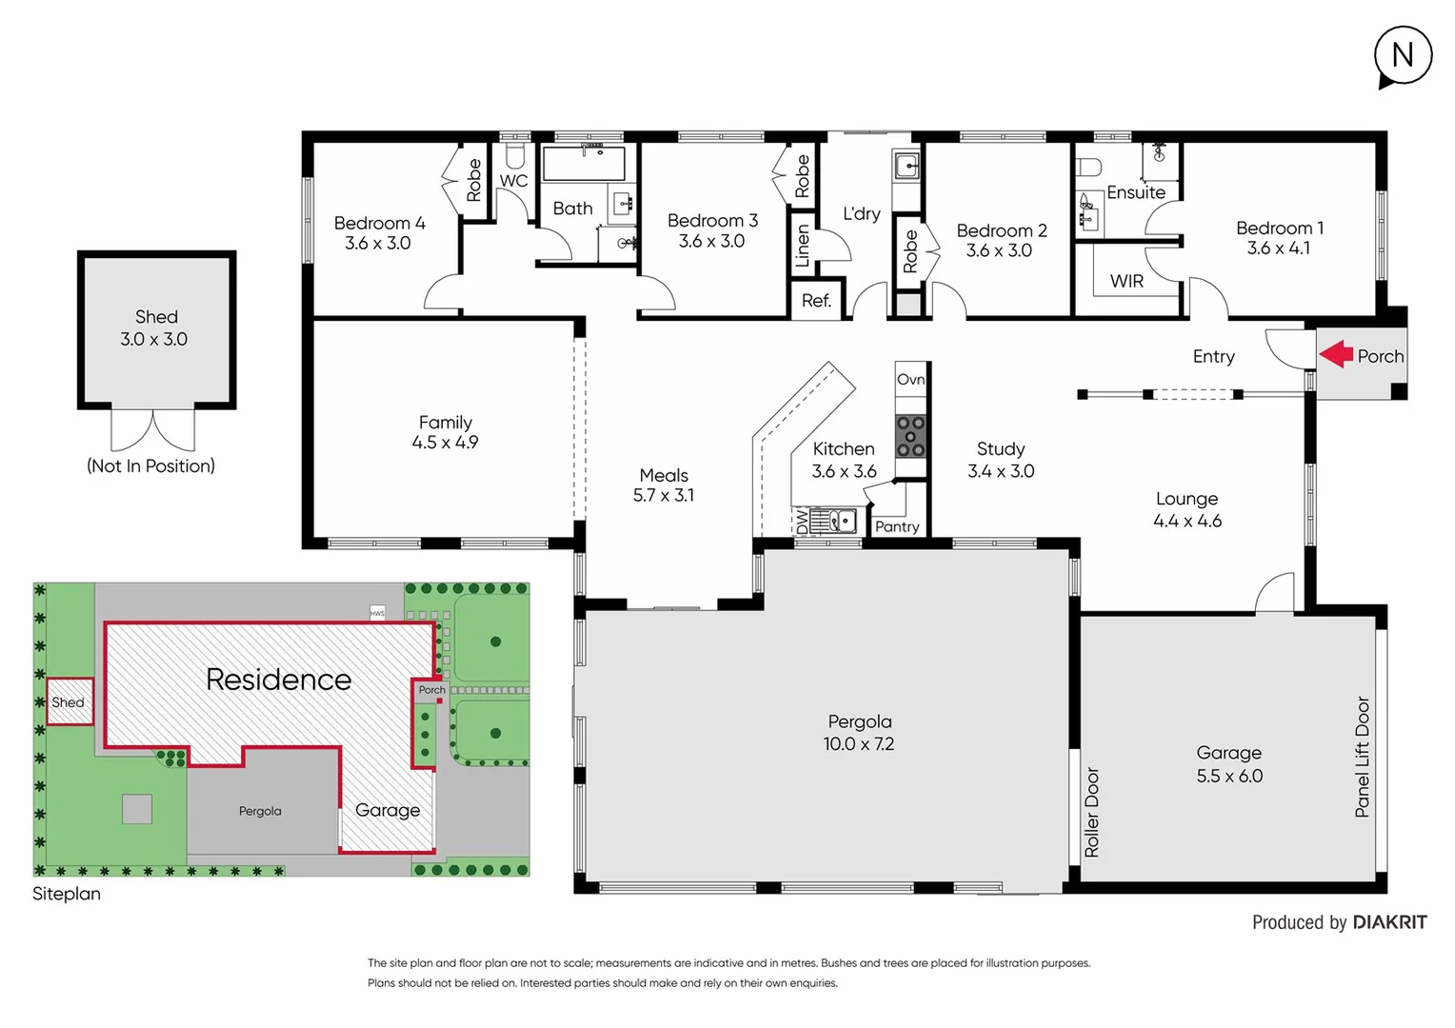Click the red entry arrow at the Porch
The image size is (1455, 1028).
1336,354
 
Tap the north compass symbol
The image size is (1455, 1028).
1403,56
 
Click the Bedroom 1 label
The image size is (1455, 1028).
1279,228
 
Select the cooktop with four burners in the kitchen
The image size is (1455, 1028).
910,437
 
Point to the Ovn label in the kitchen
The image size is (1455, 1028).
910,379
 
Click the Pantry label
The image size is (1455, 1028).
897,526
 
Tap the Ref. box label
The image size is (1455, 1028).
816,301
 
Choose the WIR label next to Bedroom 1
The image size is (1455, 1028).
1126,281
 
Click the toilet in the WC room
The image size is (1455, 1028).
514,155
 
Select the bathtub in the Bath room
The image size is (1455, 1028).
584,163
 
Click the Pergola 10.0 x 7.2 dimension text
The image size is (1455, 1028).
858,743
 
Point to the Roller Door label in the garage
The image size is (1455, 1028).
1092,812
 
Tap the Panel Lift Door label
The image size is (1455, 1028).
1362,757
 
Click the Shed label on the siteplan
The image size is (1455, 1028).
68,702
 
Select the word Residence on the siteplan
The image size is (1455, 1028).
278,679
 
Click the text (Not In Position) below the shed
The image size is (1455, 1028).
150,465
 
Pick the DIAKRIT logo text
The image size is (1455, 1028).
1389,921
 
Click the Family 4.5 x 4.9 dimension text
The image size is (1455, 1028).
445,443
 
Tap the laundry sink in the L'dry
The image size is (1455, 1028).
907,167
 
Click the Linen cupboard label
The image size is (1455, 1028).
803,246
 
